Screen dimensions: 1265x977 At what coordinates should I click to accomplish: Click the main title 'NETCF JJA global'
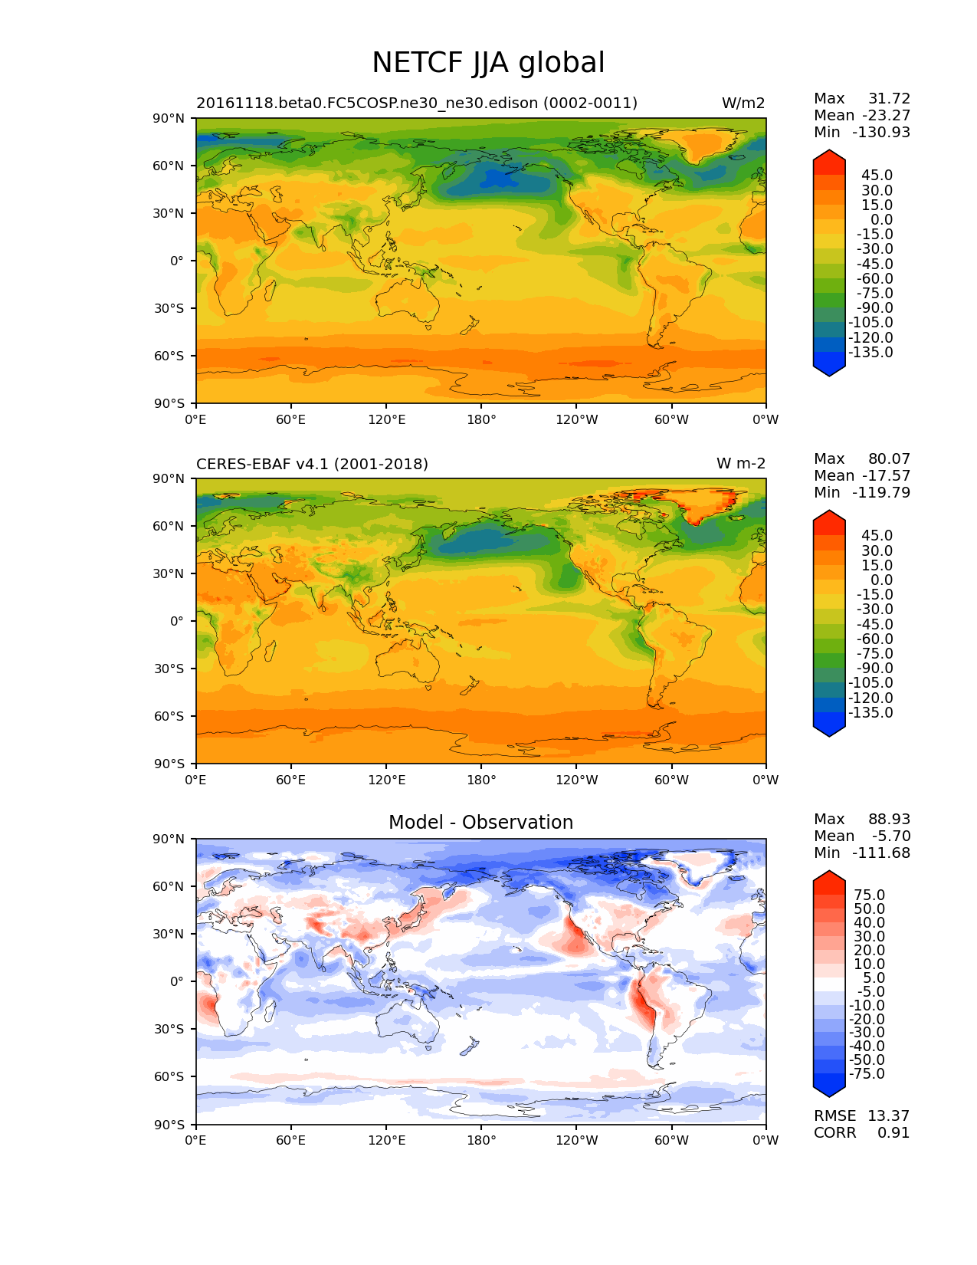pos(488,63)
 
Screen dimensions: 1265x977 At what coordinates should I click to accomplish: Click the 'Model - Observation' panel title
pos(480,823)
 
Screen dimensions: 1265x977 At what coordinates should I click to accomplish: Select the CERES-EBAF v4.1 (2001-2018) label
pos(312,464)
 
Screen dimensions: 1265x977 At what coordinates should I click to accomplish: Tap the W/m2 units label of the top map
pos(743,103)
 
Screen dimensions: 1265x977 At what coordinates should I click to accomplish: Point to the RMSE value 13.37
pos(888,1115)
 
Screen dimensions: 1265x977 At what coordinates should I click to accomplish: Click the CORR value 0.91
pos(893,1132)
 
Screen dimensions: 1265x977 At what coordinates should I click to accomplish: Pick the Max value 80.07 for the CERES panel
pos(889,458)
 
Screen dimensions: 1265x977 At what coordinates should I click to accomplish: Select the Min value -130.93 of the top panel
pos(881,132)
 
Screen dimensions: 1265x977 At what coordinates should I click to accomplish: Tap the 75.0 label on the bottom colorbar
pos(869,895)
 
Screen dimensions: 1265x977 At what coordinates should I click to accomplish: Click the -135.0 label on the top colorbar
pos(870,353)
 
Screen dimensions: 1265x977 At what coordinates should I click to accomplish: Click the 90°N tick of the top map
pos(169,118)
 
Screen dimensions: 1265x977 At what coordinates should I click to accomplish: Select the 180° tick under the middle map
pos(481,780)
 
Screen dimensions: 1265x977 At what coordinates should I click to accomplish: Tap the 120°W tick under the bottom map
pos(576,1140)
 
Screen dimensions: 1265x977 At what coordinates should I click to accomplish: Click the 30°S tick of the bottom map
pos(169,1029)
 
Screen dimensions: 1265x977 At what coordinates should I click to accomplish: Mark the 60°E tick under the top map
pos(291,419)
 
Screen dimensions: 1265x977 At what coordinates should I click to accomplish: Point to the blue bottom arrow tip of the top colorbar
pos(829,373)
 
